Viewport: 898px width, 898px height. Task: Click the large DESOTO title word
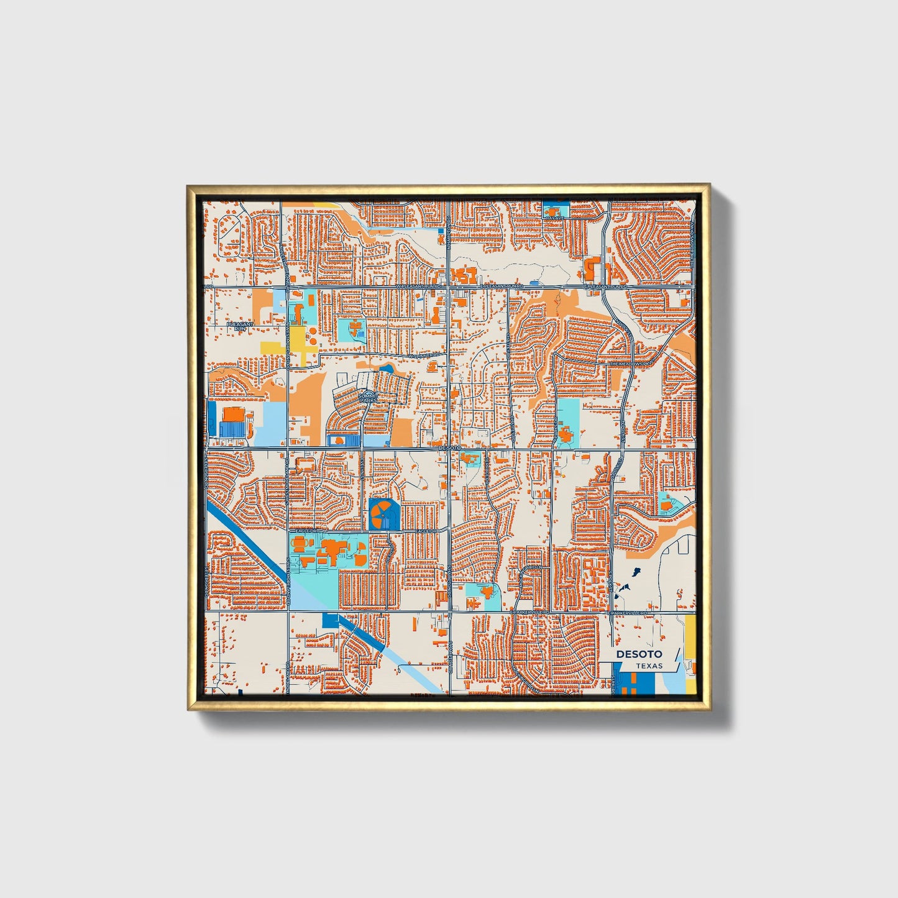pyautogui.click(x=639, y=654)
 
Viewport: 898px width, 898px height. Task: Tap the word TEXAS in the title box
pyautogui.click(x=649, y=666)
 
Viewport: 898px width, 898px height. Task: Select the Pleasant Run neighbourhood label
pyautogui.click(x=240, y=326)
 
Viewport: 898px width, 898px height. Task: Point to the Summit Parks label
pyautogui.click(x=368, y=398)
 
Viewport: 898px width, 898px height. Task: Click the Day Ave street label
pyautogui.click(x=554, y=218)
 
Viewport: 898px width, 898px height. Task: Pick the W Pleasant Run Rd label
pyautogui.click(x=418, y=286)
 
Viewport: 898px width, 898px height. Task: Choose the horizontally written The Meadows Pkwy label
pyautogui.click(x=630, y=364)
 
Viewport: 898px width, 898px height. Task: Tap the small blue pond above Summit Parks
pyautogui.click(x=386, y=369)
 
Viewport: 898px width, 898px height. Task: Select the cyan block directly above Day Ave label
pyautogui.click(x=555, y=208)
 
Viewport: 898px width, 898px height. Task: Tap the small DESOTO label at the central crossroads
pyautogui.click(x=450, y=447)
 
